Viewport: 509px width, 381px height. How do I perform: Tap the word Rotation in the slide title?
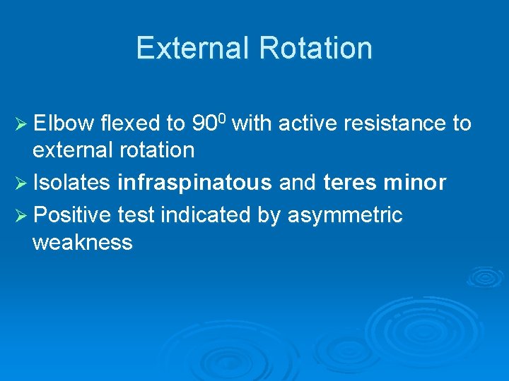click(315, 48)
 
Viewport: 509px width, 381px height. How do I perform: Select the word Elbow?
click(64, 123)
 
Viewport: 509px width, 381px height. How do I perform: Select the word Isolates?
click(71, 183)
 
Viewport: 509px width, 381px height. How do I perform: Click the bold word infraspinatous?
click(194, 183)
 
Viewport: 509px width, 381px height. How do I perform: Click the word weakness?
click(82, 242)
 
